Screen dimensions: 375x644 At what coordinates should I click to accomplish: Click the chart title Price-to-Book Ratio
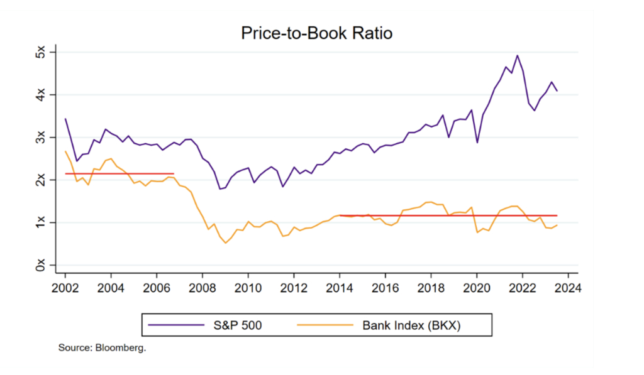[316, 33]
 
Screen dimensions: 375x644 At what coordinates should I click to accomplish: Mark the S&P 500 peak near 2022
[517, 55]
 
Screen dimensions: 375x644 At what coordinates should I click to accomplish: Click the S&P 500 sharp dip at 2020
[477, 143]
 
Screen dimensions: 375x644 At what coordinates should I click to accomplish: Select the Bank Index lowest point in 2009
[225, 242]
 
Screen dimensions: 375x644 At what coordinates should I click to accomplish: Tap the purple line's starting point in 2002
[65, 119]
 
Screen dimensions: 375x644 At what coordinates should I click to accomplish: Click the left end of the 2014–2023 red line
[340, 215]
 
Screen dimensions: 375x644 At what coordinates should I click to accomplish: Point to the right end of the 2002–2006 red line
[174, 173]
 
